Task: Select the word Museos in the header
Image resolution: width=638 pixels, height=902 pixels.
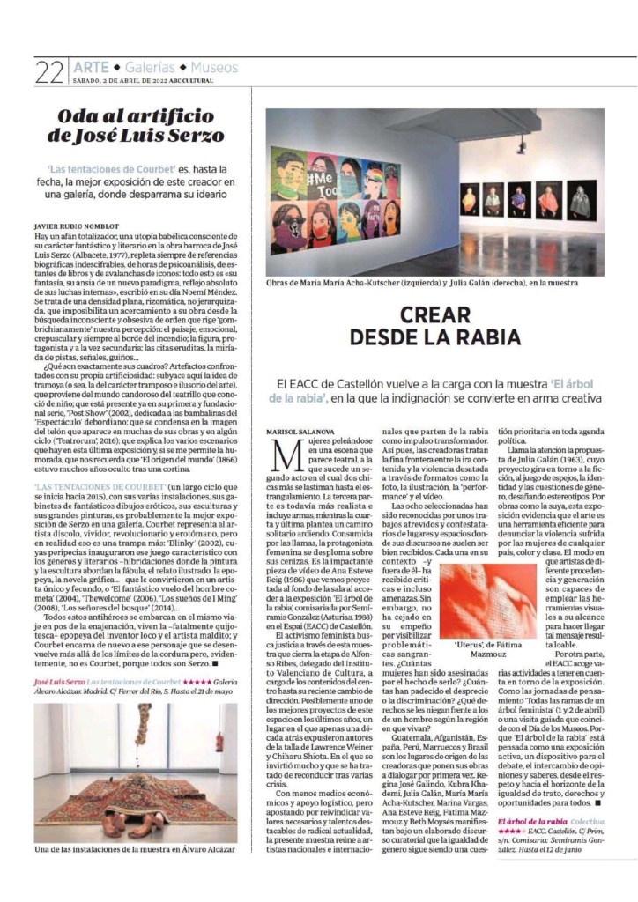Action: pos(214,67)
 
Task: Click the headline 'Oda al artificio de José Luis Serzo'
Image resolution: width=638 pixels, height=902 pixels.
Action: pos(136,126)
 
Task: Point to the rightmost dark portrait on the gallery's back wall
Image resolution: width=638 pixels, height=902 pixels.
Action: pos(580,202)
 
